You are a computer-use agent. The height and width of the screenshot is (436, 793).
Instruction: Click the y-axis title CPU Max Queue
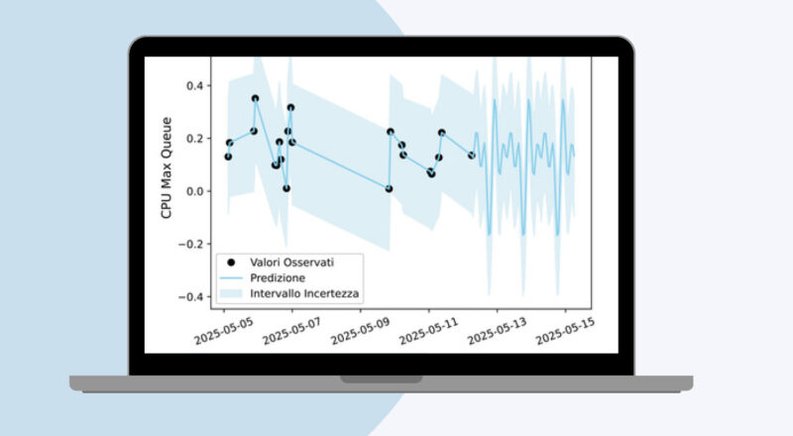click(167, 167)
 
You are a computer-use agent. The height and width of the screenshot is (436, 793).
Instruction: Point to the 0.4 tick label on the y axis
click(194, 85)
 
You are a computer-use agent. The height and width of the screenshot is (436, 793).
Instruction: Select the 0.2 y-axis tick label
click(194, 138)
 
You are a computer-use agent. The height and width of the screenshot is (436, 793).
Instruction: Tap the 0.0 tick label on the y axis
click(194, 191)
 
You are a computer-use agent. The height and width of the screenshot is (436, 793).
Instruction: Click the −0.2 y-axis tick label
click(190, 245)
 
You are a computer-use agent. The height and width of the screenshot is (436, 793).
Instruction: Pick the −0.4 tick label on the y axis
click(190, 297)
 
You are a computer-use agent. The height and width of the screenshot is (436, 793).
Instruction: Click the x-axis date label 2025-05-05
click(223, 331)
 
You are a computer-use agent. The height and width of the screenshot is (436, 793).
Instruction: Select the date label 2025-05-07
click(291, 331)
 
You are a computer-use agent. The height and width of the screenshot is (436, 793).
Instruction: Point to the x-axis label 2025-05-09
click(360, 331)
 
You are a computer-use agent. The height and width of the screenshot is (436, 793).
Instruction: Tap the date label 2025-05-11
click(428, 331)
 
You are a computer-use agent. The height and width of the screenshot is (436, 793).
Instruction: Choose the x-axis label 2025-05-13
click(498, 331)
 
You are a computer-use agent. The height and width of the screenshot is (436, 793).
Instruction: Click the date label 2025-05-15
click(565, 331)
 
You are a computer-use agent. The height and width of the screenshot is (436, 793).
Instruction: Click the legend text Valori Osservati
click(291, 262)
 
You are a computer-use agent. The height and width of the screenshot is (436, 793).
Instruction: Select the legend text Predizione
click(278, 277)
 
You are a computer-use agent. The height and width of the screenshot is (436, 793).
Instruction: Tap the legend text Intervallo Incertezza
click(304, 293)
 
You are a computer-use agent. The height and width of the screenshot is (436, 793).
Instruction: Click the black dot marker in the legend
click(231, 262)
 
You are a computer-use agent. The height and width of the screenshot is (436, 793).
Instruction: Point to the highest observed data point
click(256, 99)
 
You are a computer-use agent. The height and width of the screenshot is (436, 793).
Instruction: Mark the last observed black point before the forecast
click(472, 156)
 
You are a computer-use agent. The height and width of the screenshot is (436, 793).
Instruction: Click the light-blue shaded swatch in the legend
click(231, 293)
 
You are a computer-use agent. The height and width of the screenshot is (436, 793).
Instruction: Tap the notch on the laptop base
click(382, 380)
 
